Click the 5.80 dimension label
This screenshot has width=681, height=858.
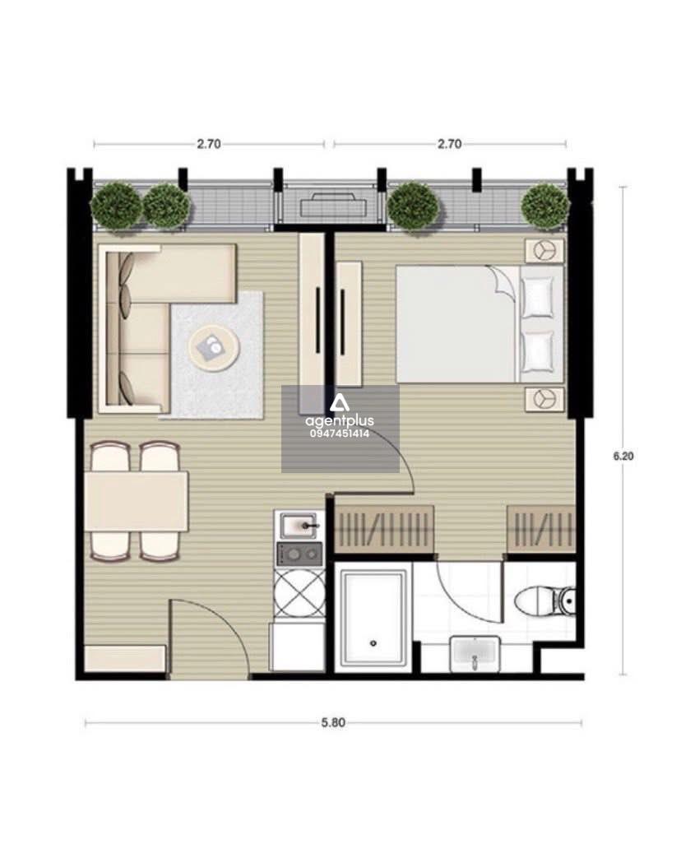[x=333, y=722]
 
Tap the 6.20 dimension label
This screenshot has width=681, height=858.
[x=623, y=456]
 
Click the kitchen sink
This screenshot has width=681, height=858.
[x=299, y=526]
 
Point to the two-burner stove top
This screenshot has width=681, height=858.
[x=299, y=554]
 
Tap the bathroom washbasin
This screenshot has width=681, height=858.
[x=475, y=654]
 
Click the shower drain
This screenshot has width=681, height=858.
[x=373, y=643]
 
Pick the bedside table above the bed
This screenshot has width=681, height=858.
[x=544, y=251]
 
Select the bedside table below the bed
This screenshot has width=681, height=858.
[x=544, y=398]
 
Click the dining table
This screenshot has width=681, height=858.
[x=137, y=501]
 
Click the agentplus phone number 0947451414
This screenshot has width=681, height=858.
[x=339, y=434]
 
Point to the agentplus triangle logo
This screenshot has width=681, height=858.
[x=339, y=404]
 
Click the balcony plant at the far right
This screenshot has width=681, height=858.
[x=545, y=206]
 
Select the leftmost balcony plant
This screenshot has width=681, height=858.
[x=115, y=206]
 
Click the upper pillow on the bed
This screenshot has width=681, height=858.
[x=538, y=297]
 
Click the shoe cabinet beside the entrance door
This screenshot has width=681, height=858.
[x=125, y=658]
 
